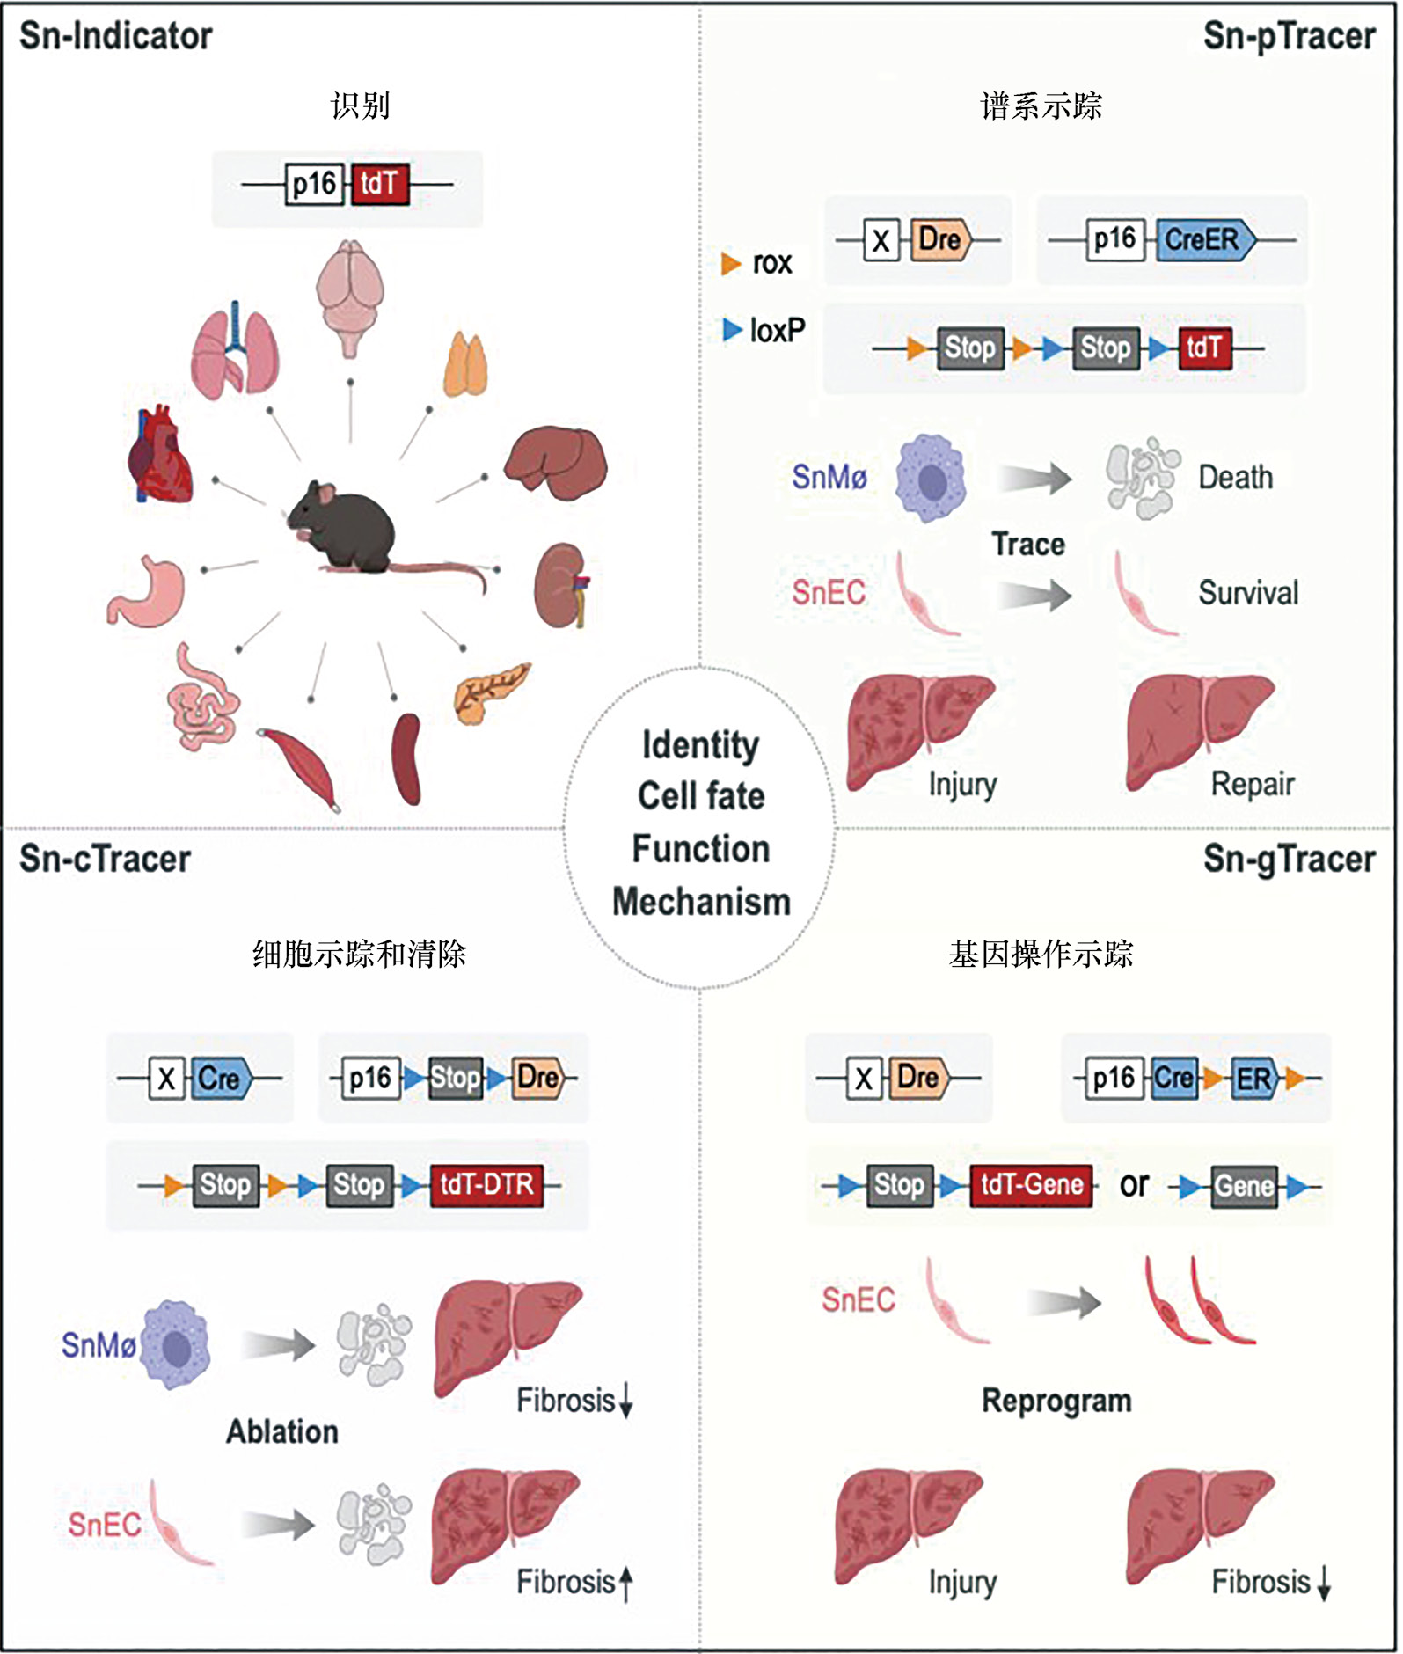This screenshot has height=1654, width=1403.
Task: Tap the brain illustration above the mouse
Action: click(x=350, y=295)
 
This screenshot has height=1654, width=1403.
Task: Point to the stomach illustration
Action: click(x=148, y=591)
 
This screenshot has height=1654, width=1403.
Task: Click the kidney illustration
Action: click(x=561, y=586)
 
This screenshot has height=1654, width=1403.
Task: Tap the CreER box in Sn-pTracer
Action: click(x=1203, y=239)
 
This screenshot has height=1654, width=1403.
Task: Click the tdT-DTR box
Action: click(x=486, y=1184)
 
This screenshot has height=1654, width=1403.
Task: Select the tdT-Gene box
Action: click(x=1032, y=1184)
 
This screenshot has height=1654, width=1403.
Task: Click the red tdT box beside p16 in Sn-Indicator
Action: click(x=380, y=184)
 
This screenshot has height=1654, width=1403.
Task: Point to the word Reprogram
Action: click(x=1056, y=1401)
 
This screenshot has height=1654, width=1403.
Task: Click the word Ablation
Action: click(x=282, y=1431)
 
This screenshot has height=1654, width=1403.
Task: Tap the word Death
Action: click(x=1235, y=478)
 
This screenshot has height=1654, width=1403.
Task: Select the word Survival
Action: click(x=1247, y=593)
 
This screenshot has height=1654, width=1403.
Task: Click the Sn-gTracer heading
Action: click(x=1289, y=860)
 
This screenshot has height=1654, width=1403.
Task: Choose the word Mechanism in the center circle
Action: click(x=701, y=902)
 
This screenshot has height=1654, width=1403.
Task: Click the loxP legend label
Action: click(x=777, y=330)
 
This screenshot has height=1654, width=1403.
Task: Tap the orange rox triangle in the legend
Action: click(x=730, y=263)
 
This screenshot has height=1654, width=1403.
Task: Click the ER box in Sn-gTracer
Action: click(x=1253, y=1079)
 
